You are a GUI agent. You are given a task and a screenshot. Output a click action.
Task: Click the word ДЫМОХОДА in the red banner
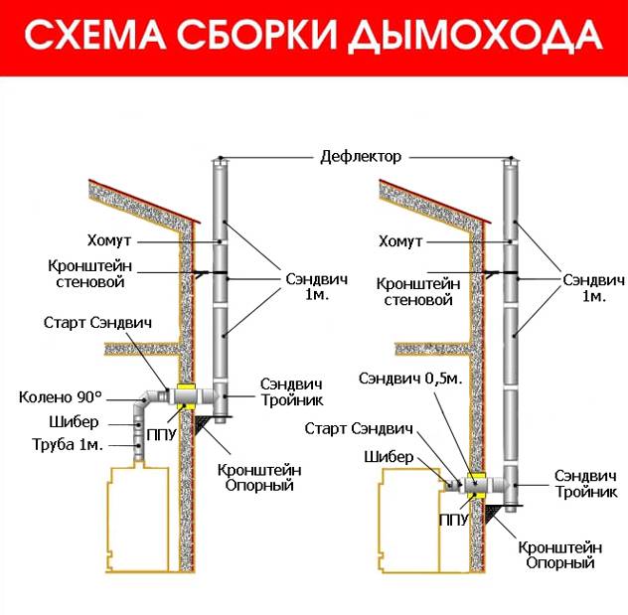point(475,36)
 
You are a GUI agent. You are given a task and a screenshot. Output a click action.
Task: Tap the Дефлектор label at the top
point(361,157)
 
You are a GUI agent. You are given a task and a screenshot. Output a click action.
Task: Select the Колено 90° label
point(61,397)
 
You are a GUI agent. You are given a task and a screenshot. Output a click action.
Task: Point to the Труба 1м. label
point(68,444)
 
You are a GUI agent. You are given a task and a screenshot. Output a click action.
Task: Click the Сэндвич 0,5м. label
point(410,379)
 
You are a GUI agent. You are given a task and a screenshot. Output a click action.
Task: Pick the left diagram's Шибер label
point(74,421)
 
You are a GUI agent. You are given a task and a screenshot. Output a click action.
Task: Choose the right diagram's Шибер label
point(389,457)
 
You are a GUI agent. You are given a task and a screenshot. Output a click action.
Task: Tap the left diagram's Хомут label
point(109,240)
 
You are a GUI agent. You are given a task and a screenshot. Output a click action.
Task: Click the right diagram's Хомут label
point(400,241)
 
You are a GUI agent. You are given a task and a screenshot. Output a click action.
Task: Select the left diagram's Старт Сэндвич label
point(97,323)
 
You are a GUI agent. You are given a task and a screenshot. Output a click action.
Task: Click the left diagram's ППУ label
point(162,435)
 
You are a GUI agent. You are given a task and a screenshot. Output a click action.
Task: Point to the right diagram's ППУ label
point(453,520)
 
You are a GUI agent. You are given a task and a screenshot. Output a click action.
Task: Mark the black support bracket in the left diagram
point(202,424)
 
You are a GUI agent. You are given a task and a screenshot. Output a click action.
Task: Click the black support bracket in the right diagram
point(493,514)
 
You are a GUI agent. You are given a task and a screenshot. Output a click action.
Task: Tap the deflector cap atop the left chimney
point(220,162)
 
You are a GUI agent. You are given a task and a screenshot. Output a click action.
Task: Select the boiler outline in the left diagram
point(137,518)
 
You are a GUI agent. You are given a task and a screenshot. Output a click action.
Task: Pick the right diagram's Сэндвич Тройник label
point(585,484)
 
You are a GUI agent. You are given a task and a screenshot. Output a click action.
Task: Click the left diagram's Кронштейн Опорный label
point(259,477)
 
